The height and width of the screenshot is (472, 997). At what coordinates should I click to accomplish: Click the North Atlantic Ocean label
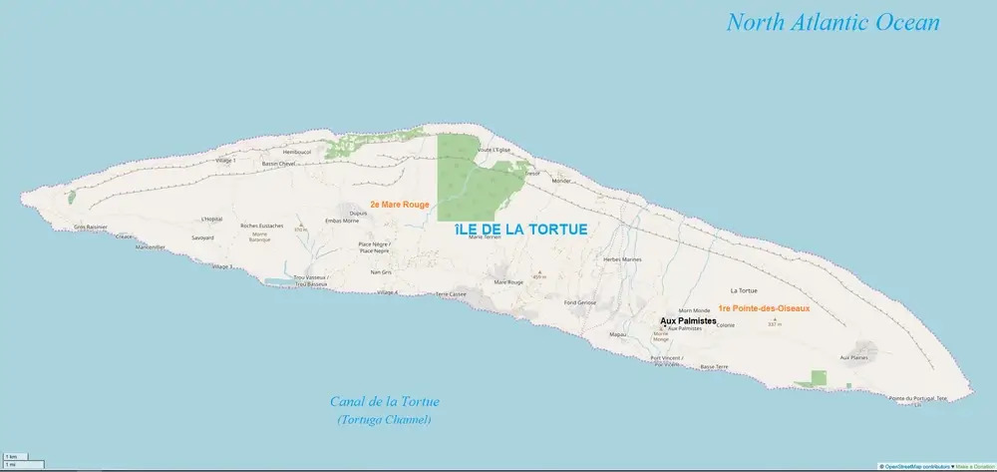tap(833, 23)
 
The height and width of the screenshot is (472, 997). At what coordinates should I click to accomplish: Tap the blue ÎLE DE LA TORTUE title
tap(519, 230)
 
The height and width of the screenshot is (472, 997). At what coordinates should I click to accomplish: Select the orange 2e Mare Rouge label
tap(399, 205)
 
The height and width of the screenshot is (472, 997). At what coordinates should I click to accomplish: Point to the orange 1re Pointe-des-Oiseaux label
tap(763, 309)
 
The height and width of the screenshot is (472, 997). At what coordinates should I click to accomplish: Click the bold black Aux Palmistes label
tap(688, 321)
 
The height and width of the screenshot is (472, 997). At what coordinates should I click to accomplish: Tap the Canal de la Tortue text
tap(384, 402)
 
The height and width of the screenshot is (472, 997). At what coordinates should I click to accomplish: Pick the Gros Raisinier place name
tap(91, 227)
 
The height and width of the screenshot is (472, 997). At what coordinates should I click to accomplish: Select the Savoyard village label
tap(203, 238)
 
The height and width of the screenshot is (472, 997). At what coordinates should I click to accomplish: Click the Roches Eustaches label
tap(261, 226)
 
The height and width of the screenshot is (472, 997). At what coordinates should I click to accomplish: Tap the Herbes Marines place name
tap(623, 259)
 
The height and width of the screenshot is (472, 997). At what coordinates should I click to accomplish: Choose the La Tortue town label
tap(744, 290)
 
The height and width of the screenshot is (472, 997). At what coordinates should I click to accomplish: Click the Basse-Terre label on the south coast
tap(714, 367)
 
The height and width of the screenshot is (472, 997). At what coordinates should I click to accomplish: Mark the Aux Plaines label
tap(854, 357)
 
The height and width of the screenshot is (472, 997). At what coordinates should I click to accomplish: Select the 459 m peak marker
tap(539, 275)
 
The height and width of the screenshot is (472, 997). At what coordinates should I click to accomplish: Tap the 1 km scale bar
tap(12, 457)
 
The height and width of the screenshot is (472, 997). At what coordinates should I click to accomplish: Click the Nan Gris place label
tap(380, 272)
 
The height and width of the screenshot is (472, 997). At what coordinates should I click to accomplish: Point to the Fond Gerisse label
tap(579, 302)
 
